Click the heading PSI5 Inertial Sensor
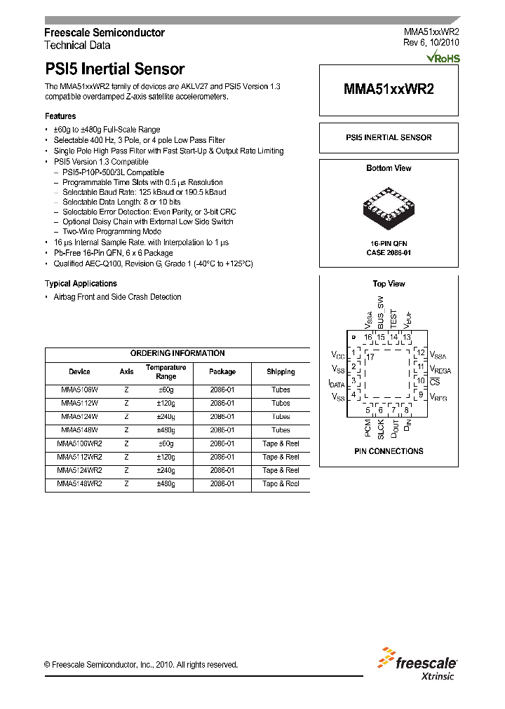114,69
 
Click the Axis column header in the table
126,372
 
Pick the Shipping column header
281,372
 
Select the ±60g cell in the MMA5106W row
166,390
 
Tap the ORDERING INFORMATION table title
177,354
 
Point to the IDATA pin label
337,383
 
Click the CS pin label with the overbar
435,382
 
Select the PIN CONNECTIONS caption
388,451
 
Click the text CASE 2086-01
389,252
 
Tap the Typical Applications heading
81,284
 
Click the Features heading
60,116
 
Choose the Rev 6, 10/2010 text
431,43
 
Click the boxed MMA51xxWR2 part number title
388,90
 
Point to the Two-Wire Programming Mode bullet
112,232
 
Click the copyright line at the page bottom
141,665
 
